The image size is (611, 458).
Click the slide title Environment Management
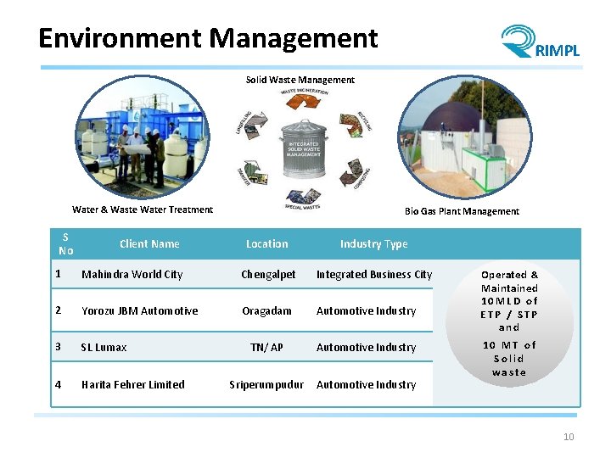pos(208,38)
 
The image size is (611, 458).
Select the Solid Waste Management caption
pos(300,80)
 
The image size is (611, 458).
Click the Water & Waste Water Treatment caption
pos(143,209)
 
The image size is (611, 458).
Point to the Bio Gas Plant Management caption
pos(462,211)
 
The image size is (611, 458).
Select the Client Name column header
pos(149,244)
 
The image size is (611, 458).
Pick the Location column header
pos(267,244)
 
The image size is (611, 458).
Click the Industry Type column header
pos(373,244)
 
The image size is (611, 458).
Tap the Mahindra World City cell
pos(132,275)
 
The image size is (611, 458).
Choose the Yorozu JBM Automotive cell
pos(139,311)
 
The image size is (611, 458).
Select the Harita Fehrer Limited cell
pos(132,385)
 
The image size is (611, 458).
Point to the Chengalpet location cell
pos(268,275)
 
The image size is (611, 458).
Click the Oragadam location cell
pos(266,311)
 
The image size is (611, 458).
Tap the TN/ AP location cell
pos(266,348)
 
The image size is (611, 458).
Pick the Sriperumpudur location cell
pos(266,385)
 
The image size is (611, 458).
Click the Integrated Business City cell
pos(374,275)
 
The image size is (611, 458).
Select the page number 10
pos(569,437)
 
